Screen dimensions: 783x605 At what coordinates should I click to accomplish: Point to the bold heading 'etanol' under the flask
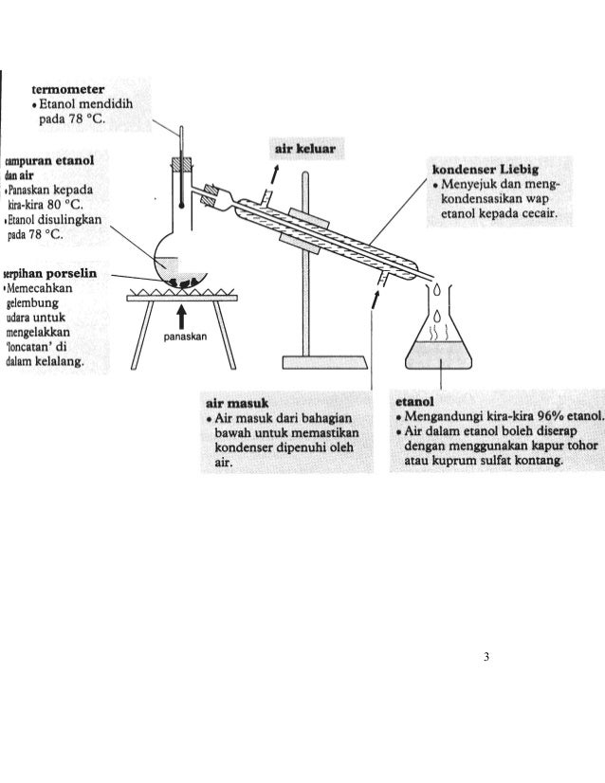[x=416, y=401]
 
